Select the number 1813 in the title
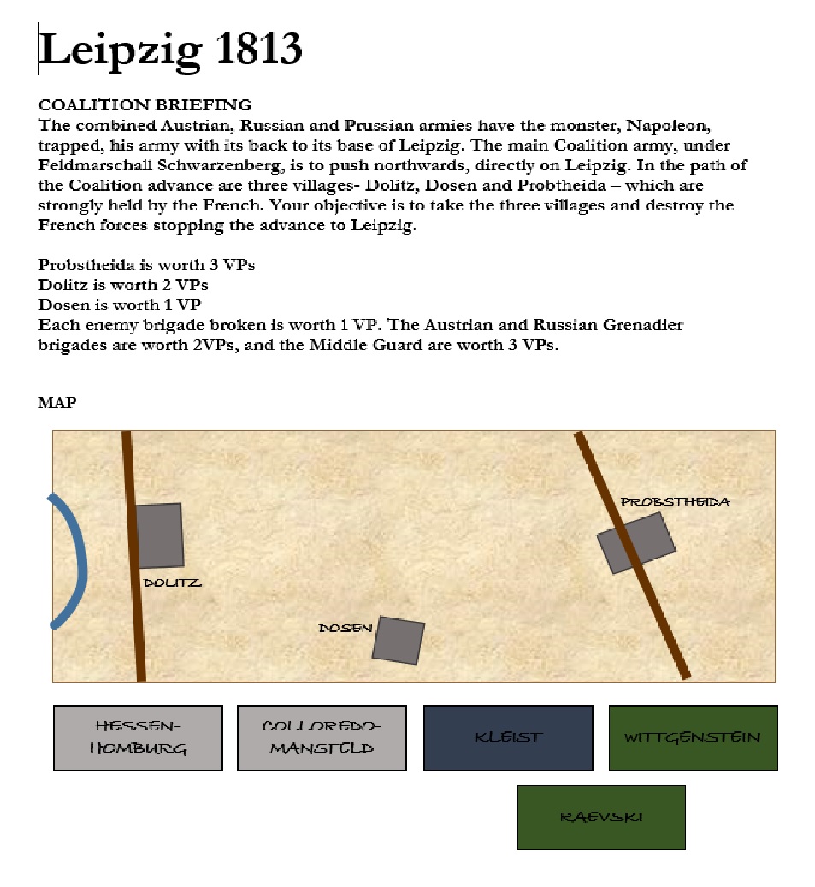[x=257, y=49]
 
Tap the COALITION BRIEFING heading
[x=145, y=105]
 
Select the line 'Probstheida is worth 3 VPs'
[x=146, y=264]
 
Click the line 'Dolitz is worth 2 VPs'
[x=123, y=284]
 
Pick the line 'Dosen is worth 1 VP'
[x=119, y=305]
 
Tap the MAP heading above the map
[x=56, y=403]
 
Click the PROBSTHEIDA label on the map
[x=676, y=502]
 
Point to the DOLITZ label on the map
[x=172, y=583]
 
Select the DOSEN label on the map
[x=345, y=629]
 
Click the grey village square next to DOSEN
[x=399, y=640]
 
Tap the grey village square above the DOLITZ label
[x=160, y=535]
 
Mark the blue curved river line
[x=80, y=560]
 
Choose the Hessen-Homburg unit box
[x=138, y=737]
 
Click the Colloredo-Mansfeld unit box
[x=321, y=737]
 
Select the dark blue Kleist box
[x=508, y=737]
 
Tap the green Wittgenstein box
[x=693, y=737]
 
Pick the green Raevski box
[x=600, y=817]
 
